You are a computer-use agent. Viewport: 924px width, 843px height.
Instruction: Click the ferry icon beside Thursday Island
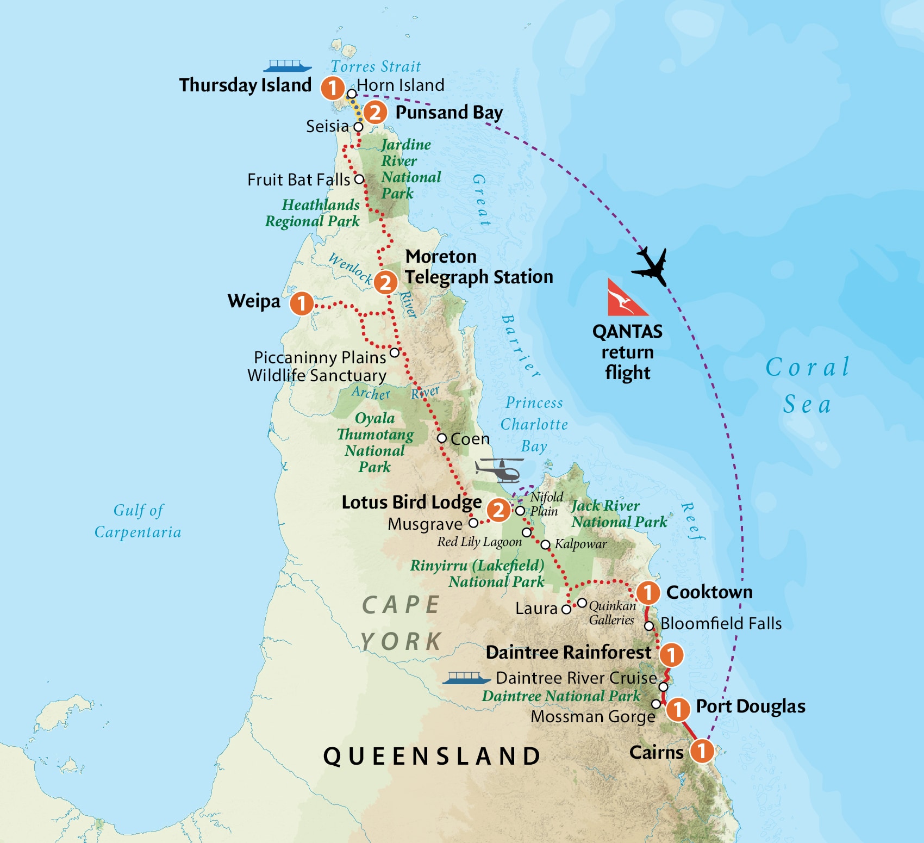[x=288, y=66]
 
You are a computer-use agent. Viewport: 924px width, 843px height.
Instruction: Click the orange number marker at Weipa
[x=302, y=303]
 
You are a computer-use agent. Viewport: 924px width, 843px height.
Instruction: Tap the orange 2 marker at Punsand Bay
[x=375, y=113]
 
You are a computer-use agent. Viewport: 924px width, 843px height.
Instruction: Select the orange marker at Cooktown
[x=647, y=592]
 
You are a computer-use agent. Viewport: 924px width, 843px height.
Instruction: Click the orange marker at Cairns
[x=702, y=751]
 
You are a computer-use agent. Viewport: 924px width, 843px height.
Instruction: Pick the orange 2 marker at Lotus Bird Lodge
[x=498, y=510]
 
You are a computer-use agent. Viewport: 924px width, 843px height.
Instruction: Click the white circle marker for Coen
[x=442, y=438]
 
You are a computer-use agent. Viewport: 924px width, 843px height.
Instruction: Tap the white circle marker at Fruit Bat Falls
[x=359, y=179]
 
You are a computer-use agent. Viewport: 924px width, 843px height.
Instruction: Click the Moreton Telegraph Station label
[x=478, y=266]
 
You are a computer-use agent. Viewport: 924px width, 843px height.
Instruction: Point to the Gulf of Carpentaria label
[x=138, y=521]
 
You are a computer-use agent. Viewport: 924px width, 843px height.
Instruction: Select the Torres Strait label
[x=376, y=66]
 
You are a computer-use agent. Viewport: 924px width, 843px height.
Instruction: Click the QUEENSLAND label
[x=432, y=756]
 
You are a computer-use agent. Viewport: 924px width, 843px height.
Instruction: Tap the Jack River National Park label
[x=619, y=514]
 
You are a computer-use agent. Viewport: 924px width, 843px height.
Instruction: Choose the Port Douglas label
[x=750, y=706]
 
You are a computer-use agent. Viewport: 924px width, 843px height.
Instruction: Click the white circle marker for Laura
[x=566, y=609]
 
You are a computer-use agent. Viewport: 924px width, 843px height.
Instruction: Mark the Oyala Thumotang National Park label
[x=375, y=442]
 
